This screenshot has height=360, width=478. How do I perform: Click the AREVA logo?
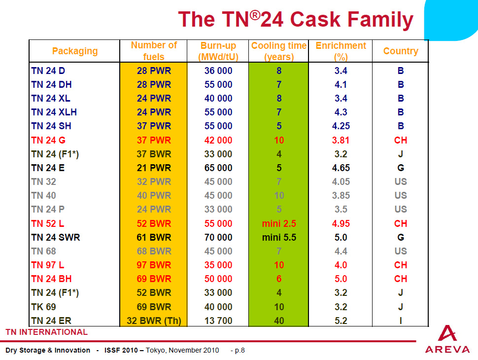(447, 340)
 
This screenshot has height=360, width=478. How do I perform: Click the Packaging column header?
(75, 51)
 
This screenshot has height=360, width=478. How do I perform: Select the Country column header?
(400, 51)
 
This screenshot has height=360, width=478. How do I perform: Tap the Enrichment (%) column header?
(341, 51)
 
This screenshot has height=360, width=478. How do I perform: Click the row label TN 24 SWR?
(55, 237)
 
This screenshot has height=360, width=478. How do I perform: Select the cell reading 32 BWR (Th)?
(154, 321)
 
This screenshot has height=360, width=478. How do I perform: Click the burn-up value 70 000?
(218, 237)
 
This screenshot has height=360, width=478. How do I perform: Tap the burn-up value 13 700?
(218, 321)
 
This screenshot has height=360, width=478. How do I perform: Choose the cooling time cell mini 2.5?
(279, 223)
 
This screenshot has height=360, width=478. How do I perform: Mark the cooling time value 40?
(279, 321)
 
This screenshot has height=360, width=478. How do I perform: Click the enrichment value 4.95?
(341, 223)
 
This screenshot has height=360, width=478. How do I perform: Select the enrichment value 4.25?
(341, 126)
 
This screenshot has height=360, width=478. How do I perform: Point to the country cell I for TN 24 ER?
(400, 321)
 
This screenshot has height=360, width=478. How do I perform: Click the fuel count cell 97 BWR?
(154, 265)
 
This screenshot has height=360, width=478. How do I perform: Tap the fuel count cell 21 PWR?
(154, 168)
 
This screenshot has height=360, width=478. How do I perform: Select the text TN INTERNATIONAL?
(46, 332)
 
